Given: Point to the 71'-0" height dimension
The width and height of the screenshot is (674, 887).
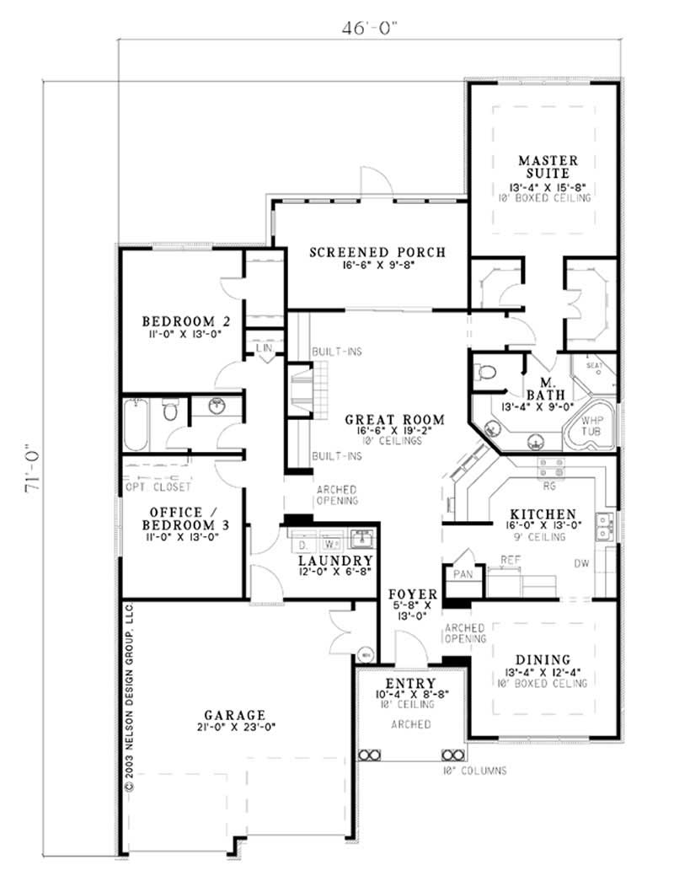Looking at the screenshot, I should click(x=33, y=480).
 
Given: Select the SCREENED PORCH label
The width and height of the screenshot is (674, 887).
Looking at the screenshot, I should click(x=377, y=252).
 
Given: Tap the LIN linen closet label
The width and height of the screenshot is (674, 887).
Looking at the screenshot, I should click(x=264, y=347).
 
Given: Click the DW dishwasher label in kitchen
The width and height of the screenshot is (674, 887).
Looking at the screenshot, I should click(x=580, y=563).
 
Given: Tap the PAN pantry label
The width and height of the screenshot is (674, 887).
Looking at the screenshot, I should click(x=463, y=573).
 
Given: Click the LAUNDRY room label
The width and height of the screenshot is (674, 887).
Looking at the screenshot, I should click(x=335, y=561).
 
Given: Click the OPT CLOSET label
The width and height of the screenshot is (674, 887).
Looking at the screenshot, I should click(x=158, y=487).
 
